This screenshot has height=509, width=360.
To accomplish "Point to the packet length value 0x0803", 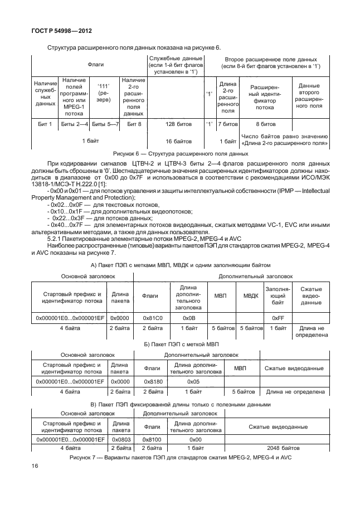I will (x=120, y=439).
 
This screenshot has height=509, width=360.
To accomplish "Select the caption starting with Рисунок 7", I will (x=180, y=457).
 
